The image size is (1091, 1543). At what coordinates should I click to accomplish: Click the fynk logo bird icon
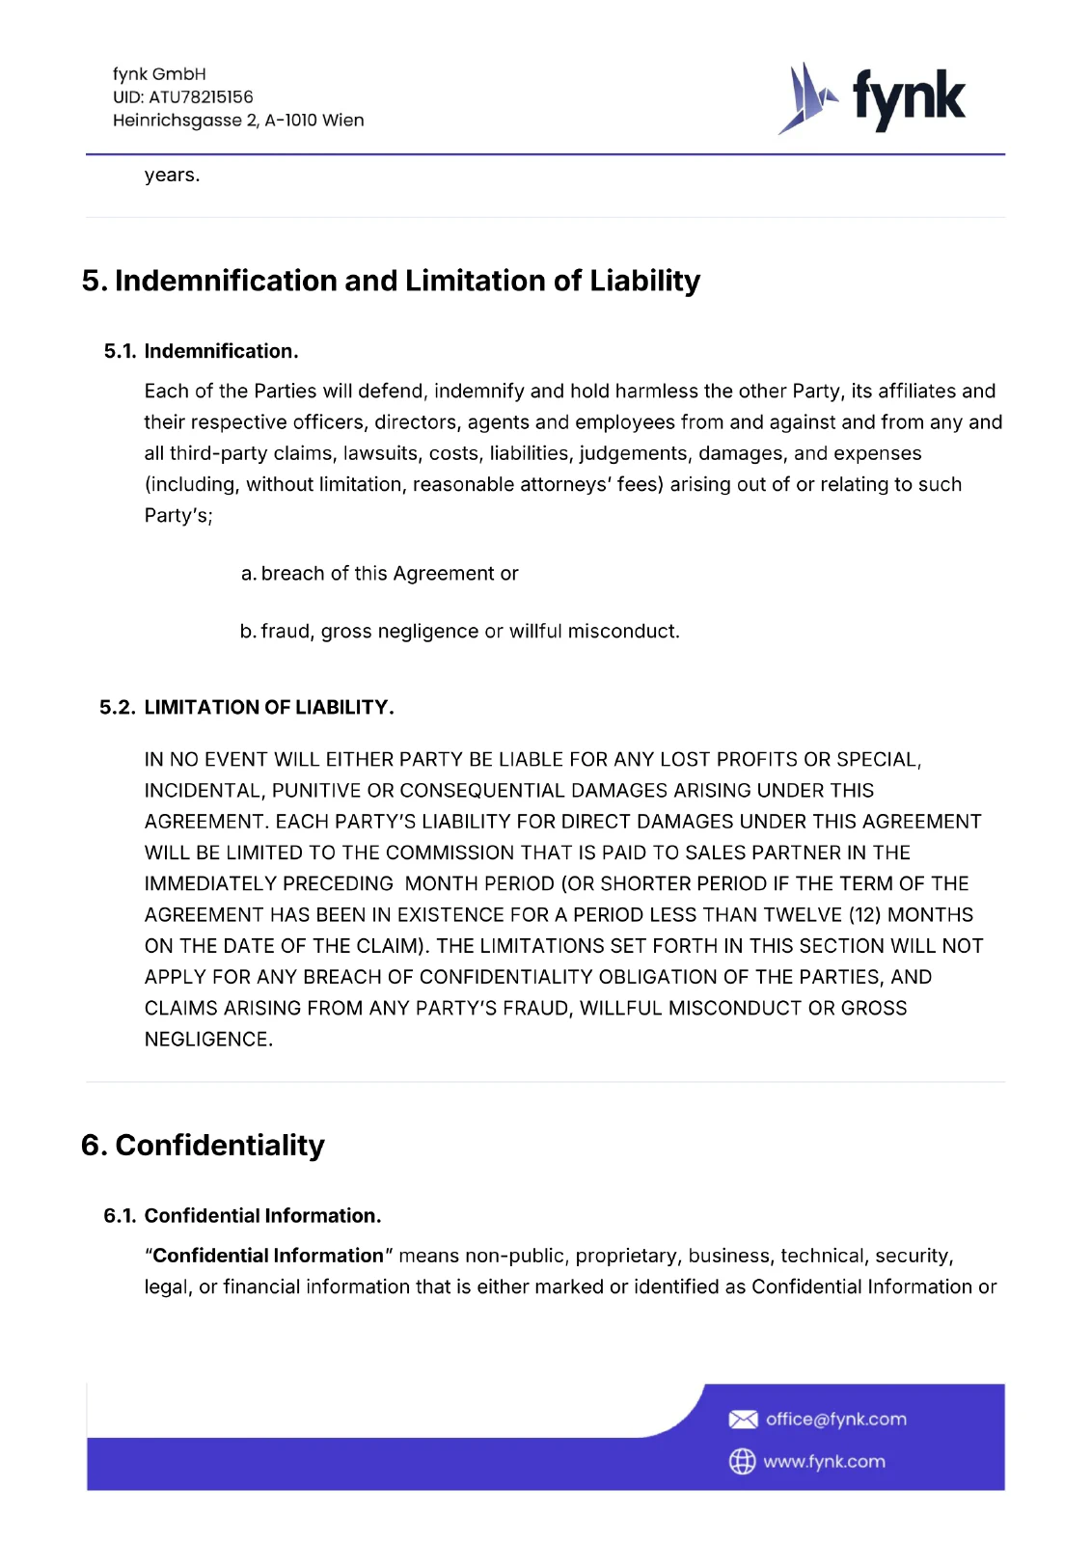pyautogui.click(x=806, y=97)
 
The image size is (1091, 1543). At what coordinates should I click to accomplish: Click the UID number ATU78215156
pyautogui.click(x=201, y=97)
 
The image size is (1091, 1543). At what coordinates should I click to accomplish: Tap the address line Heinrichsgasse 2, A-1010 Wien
pyautogui.click(x=238, y=121)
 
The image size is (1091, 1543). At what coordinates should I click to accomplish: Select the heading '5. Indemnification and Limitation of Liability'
pyautogui.click(x=391, y=281)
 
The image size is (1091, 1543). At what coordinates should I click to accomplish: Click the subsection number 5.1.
pyautogui.click(x=120, y=351)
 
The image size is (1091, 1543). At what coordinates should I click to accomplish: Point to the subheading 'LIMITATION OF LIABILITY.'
pyautogui.click(x=269, y=708)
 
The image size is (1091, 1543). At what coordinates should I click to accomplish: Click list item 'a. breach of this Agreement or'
pyautogui.click(x=379, y=574)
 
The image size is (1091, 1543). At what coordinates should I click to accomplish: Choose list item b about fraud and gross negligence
pyautogui.click(x=459, y=632)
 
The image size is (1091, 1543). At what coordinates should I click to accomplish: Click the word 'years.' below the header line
pyautogui.click(x=172, y=176)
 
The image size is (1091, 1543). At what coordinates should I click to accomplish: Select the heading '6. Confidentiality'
pyautogui.click(x=203, y=1146)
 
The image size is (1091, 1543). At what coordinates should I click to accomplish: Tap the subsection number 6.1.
pyautogui.click(x=120, y=1216)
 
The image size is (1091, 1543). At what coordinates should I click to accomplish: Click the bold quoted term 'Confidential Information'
pyautogui.click(x=268, y=1256)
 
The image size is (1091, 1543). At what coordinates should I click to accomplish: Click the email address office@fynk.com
pyautogui.click(x=835, y=1420)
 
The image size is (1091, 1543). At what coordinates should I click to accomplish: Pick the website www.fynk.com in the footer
pyautogui.click(x=824, y=1462)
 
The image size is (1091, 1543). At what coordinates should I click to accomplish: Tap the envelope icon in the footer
pyautogui.click(x=743, y=1420)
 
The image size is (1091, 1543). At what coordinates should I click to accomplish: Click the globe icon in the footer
pyautogui.click(x=742, y=1462)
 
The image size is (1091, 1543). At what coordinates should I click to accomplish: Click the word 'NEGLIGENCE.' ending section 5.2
pyautogui.click(x=208, y=1040)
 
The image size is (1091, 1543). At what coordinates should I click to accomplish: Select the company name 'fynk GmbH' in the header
pyautogui.click(x=159, y=74)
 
